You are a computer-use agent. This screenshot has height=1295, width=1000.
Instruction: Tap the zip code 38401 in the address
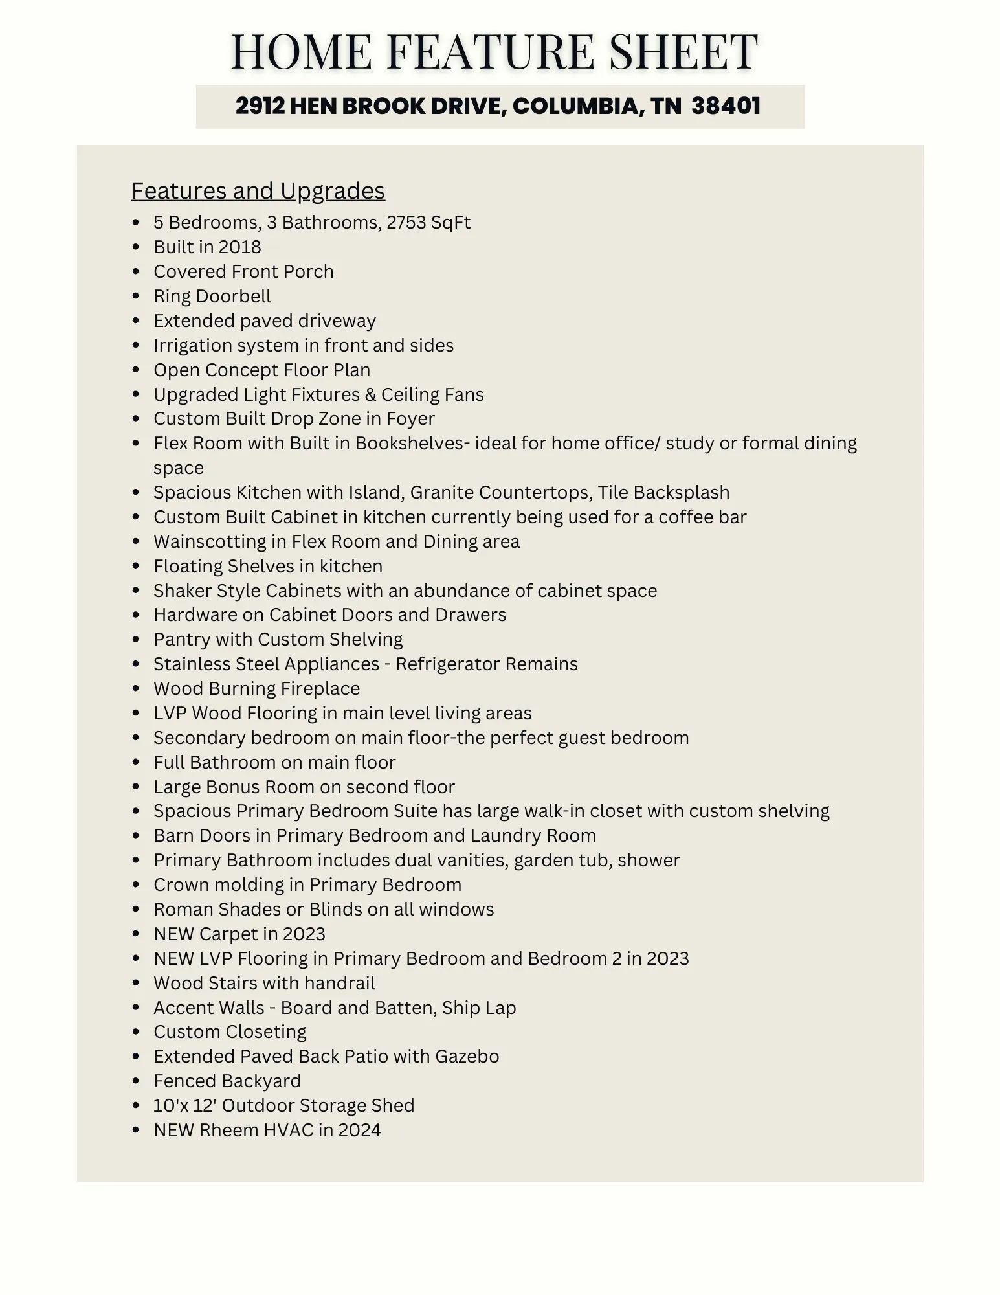point(726,106)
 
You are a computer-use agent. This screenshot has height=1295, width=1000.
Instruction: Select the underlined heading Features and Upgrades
point(258,191)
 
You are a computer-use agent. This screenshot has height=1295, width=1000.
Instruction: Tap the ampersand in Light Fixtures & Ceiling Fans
point(370,395)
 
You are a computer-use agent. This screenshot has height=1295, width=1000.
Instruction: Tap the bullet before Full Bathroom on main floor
point(136,763)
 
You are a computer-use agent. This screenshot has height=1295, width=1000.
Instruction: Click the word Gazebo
point(467,1057)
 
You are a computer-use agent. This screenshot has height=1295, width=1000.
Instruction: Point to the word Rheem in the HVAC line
point(225,1131)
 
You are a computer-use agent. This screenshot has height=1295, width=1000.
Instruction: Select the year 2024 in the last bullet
point(359,1131)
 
